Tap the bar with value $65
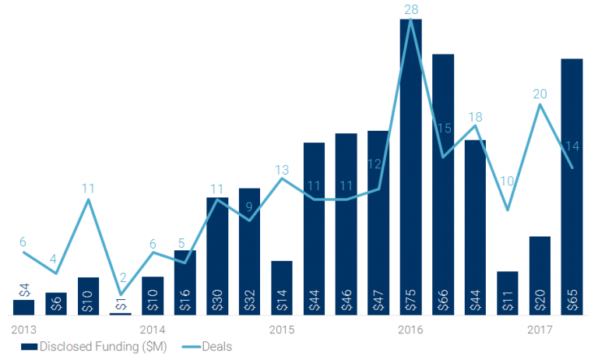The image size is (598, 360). (x=572, y=186)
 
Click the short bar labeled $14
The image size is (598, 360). (x=282, y=288)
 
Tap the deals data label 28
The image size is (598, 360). (x=411, y=10)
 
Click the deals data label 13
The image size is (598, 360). (x=282, y=169)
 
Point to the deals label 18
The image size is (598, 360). (x=475, y=118)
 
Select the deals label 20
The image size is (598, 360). (x=540, y=94)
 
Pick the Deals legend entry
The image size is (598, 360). (x=206, y=346)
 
